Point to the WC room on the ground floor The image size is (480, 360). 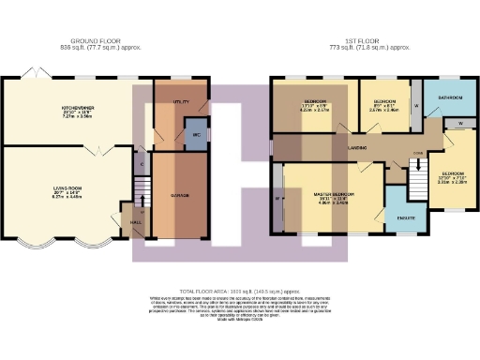[x=196, y=135]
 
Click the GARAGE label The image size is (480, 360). [x=179, y=195]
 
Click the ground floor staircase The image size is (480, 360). [x=142, y=197]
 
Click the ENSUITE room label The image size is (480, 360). [x=406, y=217]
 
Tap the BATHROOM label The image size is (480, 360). [x=449, y=97]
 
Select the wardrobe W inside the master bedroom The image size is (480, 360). [x=278, y=198]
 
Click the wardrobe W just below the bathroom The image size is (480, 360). [x=460, y=123]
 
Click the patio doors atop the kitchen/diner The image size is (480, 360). [x=37, y=75]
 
